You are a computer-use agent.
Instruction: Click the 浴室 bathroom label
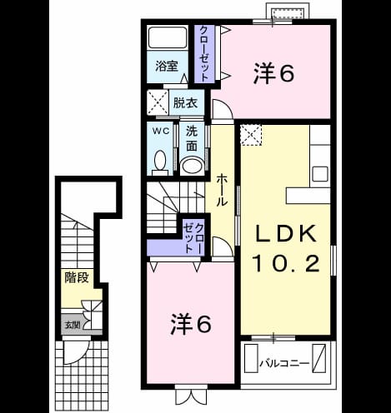point(167,67)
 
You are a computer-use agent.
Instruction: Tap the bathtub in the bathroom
point(168,37)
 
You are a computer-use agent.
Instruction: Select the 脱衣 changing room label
point(185,103)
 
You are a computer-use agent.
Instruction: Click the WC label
point(161,131)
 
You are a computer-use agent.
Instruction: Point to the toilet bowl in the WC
point(160,162)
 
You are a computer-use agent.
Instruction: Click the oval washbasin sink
point(192,166)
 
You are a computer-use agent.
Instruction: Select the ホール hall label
point(222,190)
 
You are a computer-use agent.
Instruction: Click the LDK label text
point(286,233)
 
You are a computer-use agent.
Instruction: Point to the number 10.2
point(286,263)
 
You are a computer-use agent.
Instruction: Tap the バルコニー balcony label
point(284,363)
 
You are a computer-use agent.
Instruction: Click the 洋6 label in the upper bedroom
point(273,73)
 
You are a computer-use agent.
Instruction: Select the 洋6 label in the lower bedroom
point(191,324)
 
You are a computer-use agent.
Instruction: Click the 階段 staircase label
point(77,277)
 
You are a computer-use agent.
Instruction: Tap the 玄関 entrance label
point(73,325)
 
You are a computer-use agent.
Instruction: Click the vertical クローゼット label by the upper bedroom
point(204,53)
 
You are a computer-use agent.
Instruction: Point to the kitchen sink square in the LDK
point(320,174)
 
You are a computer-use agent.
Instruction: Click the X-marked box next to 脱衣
point(158,102)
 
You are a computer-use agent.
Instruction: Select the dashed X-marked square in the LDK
point(251,135)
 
